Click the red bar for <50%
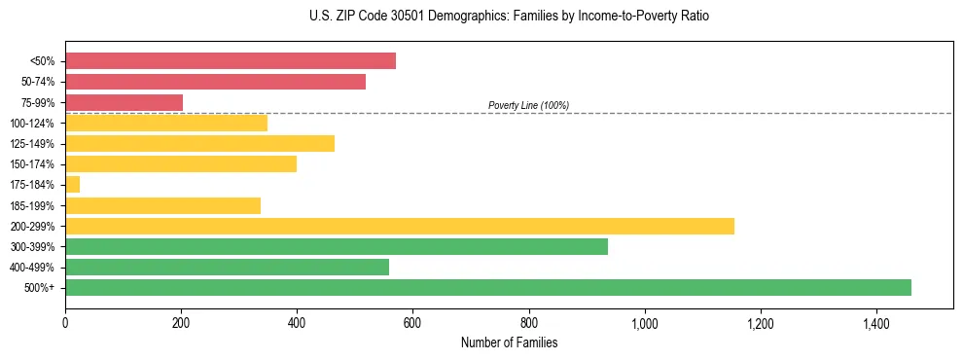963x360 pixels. point(231,61)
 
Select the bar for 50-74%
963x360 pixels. point(215,82)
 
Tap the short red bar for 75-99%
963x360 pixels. point(124,102)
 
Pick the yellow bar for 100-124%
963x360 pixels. point(166,123)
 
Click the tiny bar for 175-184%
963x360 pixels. point(72,184)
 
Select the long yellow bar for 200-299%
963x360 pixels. point(400,226)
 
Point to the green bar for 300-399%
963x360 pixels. point(337,246)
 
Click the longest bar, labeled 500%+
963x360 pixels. point(488,287)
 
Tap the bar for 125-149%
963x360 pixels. point(199,143)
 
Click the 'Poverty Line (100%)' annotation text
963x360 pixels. point(528,105)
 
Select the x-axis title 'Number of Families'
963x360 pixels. point(509,342)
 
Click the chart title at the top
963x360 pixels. point(509,17)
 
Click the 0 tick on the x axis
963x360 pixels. point(65,323)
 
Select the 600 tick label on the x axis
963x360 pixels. point(412,323)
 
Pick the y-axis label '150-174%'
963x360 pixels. point(34,164)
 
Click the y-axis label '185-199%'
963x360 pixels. point(34,205)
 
